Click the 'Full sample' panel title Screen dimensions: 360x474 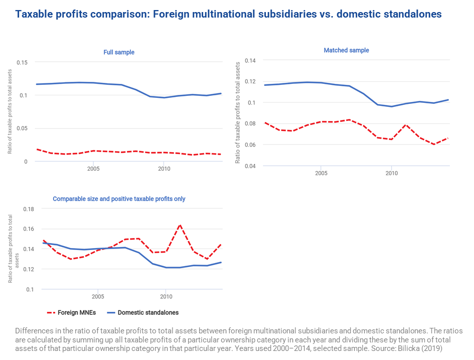pos(119,52)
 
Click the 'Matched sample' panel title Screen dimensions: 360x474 pos(346,50)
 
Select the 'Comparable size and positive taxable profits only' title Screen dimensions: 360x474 pos(119,199)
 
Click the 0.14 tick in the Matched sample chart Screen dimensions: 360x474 pos(250,60)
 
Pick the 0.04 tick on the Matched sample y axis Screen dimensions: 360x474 pos(250,166)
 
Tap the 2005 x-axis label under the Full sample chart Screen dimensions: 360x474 pos(93,169)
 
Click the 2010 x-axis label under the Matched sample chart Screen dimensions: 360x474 pos(391,173)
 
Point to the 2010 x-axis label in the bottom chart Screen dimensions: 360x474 pos(166,297)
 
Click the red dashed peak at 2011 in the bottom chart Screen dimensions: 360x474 pos(180,225)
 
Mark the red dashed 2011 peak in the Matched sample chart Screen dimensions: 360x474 pos(406,125)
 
